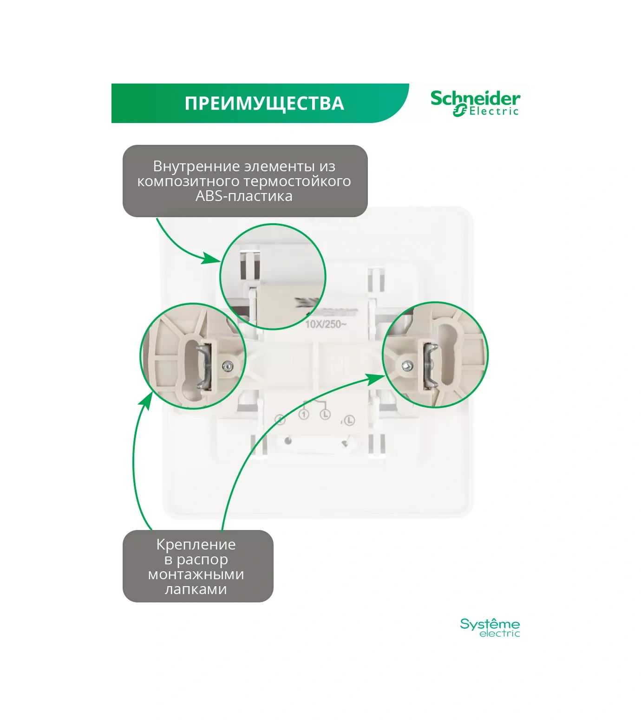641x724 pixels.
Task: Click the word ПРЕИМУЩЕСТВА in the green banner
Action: tap(264, 103)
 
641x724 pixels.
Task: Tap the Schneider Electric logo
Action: tap(475, 103)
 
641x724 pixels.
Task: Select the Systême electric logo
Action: tap(490, 627)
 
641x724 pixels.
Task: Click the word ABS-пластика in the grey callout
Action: tap(244, 196)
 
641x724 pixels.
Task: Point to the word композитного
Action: tap(188, 181)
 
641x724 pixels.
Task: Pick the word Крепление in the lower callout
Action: tap(196, 544)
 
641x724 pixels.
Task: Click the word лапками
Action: tap(196, 589)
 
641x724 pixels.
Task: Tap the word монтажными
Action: tap(196, 574)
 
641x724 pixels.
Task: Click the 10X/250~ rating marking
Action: tap(326, 324)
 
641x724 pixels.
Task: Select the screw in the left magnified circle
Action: tap(228, 365)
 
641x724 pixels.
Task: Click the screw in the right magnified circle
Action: tap(407, 366)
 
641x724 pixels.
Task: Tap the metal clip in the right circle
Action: tap(429, 364)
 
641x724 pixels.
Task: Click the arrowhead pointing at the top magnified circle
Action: tap(212, 259)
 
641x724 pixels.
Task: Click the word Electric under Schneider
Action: tap(493, 111)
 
